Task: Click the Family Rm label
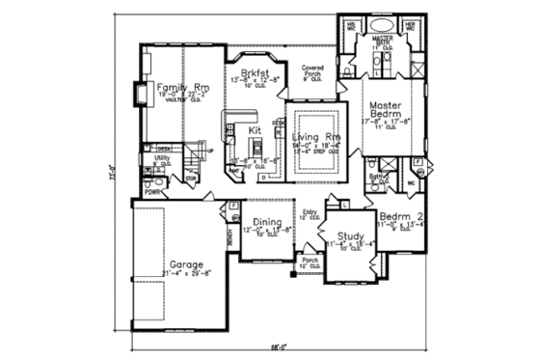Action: tap(181, 86)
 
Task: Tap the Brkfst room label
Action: tap(254, 72)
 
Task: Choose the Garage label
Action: tap(186, 263)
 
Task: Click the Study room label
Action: tap(349, 236)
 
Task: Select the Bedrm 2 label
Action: tap(396, 216)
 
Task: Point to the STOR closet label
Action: tap(191, 179)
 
